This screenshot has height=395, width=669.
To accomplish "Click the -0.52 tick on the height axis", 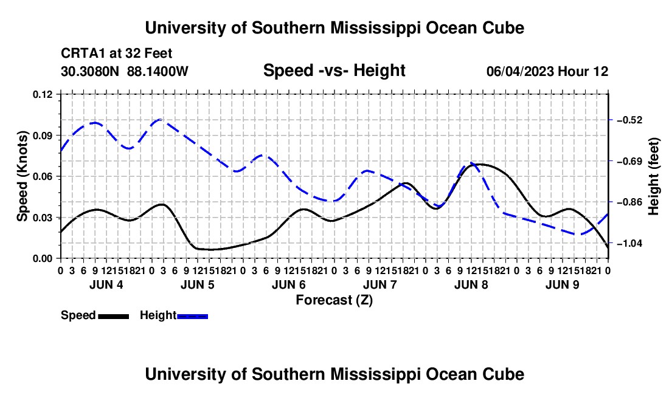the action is [x=629, y=120].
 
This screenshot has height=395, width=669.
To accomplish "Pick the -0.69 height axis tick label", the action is [x=629, y=161].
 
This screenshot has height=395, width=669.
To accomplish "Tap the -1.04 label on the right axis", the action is [x=629, y=243].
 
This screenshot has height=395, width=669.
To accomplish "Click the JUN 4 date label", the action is [x=106, y=284].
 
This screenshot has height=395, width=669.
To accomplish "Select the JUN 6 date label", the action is [x=289, y=284].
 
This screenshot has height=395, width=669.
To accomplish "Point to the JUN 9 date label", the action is [x=563, y=284].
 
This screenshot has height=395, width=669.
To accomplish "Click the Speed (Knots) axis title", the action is [x=22, y=176].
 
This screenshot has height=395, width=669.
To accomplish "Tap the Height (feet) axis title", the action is [x=653, y=176].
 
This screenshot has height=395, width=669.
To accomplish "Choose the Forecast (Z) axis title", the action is [x=334, y=300].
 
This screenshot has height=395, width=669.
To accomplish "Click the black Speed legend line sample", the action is [x=114, y=316].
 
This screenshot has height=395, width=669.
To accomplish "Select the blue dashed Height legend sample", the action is [x=192, y=316].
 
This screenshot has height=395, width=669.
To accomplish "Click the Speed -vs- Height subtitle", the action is [x=334, y=70].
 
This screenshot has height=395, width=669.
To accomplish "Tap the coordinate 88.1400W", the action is [x=158, y=71].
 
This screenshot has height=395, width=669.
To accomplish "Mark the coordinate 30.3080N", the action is [x=90, y=71].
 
